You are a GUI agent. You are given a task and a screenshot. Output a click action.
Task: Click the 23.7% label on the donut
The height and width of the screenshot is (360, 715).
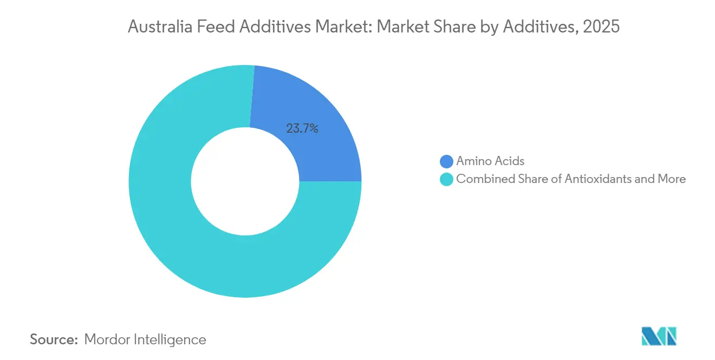302,128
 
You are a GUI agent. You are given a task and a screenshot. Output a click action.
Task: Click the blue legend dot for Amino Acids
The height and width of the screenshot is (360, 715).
446,161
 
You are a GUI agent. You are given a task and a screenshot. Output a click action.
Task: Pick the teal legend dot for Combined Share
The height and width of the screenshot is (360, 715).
446,179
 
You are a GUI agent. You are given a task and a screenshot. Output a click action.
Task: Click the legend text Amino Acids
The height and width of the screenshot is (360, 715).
490,161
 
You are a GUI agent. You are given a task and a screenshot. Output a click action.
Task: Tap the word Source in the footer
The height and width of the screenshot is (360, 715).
54,339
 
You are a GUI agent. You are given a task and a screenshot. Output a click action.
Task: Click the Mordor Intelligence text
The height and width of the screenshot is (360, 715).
145,339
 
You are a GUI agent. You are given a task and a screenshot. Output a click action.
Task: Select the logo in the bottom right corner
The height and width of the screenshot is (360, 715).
659,337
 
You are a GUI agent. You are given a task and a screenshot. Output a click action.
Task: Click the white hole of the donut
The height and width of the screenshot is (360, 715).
245,181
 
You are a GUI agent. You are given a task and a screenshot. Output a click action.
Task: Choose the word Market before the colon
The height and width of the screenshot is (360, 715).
342,27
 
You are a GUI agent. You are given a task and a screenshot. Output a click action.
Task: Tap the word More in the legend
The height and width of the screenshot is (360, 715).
672,179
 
